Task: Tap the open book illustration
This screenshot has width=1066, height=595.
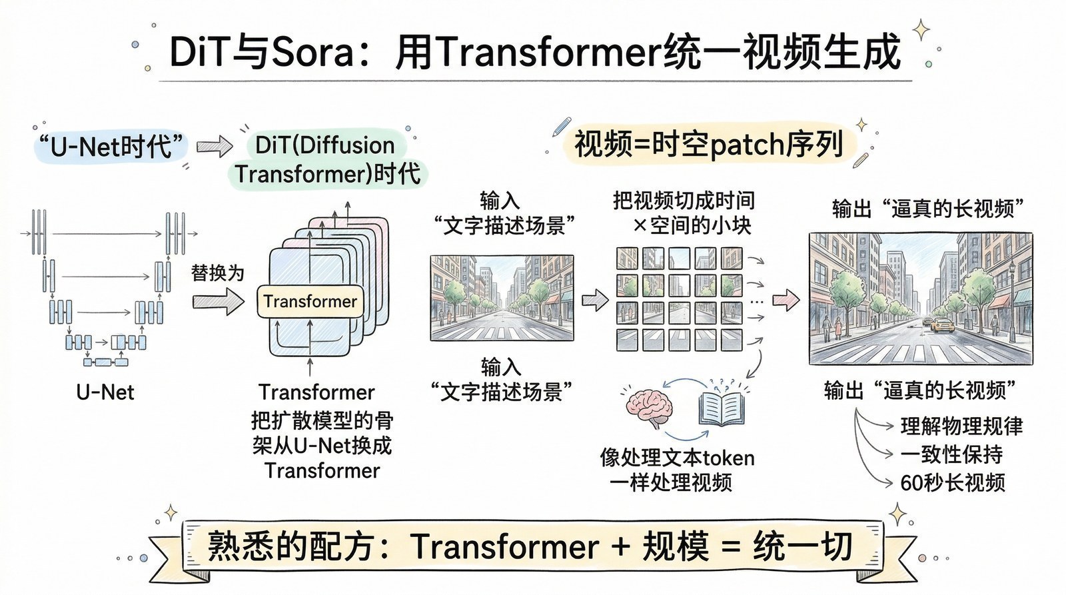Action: click(x=721, y=407)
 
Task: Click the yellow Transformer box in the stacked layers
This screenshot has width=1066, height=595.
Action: click(x=310, y=301)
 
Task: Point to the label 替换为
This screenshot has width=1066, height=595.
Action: click(x=217, y=273)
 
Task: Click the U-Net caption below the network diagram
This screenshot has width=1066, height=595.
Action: click(x=105, y=392)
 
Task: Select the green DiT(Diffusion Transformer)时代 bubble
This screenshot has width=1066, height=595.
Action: click(x=326, y=160)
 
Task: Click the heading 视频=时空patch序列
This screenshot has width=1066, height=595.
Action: click(x=708, y=144)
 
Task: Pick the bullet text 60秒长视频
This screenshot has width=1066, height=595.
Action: click(x=952, y=482)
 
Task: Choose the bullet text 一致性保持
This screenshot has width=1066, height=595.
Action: click(x=951, y=454)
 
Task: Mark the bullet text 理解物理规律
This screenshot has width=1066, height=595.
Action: click(x=961, y=426)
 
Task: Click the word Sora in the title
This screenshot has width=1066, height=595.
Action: click(x=312, y=52)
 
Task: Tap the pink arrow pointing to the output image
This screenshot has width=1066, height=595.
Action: click(x=786, y=300)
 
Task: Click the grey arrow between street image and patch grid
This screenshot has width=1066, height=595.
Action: click(x=594, y=300)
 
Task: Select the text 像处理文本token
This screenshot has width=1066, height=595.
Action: click(x=677, y=458)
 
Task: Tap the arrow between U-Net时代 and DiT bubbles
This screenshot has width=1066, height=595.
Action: click(x=214, y=147)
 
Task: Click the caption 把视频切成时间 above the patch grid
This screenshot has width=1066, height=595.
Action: click(x=683, y=201)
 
